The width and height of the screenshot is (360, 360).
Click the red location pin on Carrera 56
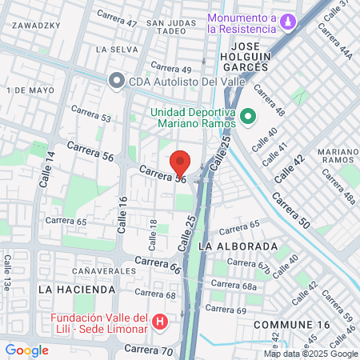click(x=181, y=162)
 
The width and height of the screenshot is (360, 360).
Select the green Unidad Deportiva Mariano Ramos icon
click(x=248, y=117)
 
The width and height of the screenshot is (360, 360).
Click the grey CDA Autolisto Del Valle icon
click(x=117, y=80)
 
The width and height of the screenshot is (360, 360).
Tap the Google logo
click(x=26, y=350)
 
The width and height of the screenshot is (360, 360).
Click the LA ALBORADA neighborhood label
click(x=238, y=246)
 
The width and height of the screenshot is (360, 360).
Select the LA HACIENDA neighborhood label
click(x=67, y=286)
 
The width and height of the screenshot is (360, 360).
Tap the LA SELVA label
click(x=112, y=49)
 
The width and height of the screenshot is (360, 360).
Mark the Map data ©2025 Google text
click(x=311, y=354)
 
